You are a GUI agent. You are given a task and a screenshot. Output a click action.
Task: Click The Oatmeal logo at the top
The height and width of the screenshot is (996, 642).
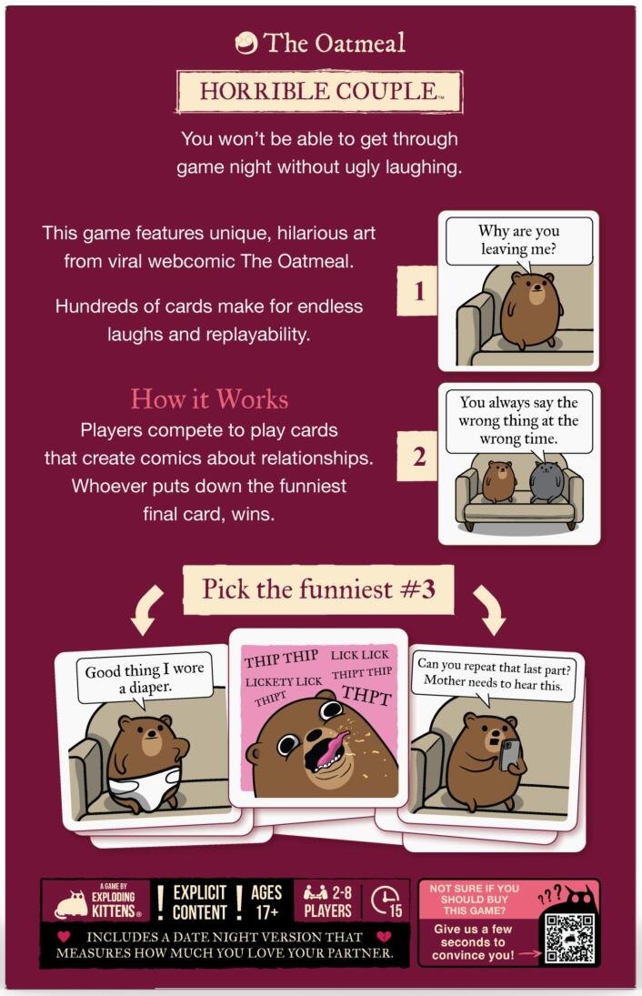(x=320, y=43)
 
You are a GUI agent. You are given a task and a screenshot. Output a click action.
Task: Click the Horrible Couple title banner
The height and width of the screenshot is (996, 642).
(x=319, y=92)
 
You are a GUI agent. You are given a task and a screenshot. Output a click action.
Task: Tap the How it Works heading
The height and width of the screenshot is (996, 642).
(x=209, y=399)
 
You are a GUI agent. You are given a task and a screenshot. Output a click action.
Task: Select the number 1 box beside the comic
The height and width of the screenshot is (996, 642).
(x=418, y=292)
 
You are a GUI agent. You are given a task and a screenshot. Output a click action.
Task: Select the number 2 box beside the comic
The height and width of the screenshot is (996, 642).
(x=418, y=458)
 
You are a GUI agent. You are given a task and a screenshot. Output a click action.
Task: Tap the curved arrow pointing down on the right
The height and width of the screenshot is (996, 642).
(x=489, y=609)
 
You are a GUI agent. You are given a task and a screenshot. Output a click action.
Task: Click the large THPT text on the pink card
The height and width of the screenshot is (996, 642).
(x=365, y=698)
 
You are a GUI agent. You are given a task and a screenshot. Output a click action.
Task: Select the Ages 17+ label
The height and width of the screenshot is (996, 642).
(x=266, y=900)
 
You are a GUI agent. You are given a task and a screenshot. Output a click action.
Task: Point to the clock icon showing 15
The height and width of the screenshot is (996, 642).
(x=386, y=900)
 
